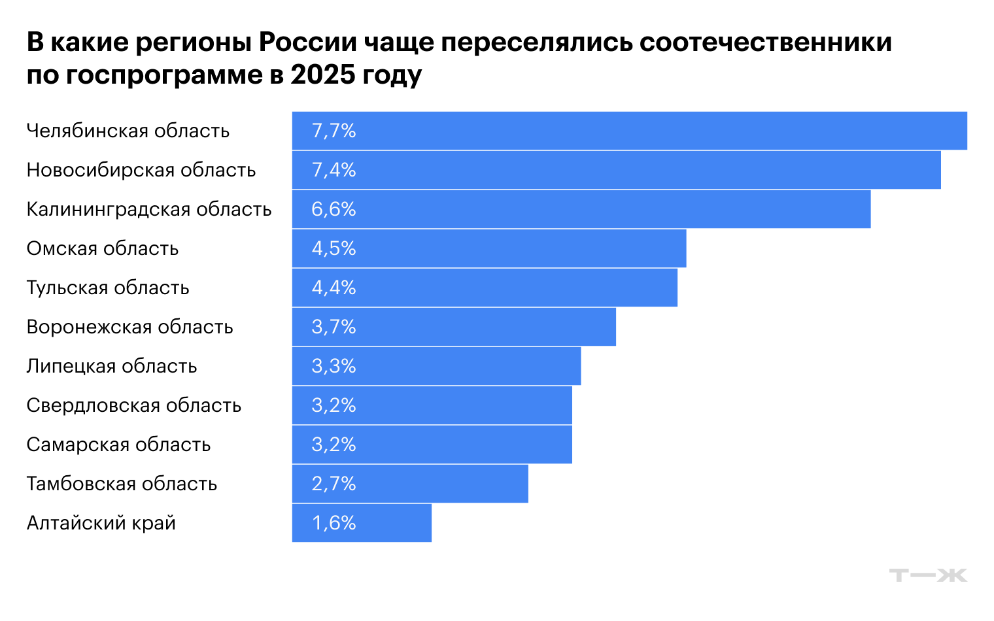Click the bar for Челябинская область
[x=629, y=131]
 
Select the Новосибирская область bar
[x=616, y=170]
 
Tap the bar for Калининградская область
[x=581, y=209]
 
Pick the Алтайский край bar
[x=362, y=523]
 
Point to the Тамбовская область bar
[x=410, y=484]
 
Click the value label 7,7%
[x=334, y=131]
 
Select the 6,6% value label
[x=334, y=209]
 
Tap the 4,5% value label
[x=334, y=248]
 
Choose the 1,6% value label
[x=334, y=523]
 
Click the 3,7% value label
[x=334, y=327]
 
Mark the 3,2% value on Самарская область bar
[x=334, y=445]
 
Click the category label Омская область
[x=103, y=248]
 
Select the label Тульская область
[x=108, y=288]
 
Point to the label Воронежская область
[x=129, y=327]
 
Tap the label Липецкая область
[x=112, y=366]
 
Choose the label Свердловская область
[x=134, y=405]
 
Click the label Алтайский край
[x=101, y=523]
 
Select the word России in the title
[x=307, y=42]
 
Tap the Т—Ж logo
[x=928, y=575]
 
